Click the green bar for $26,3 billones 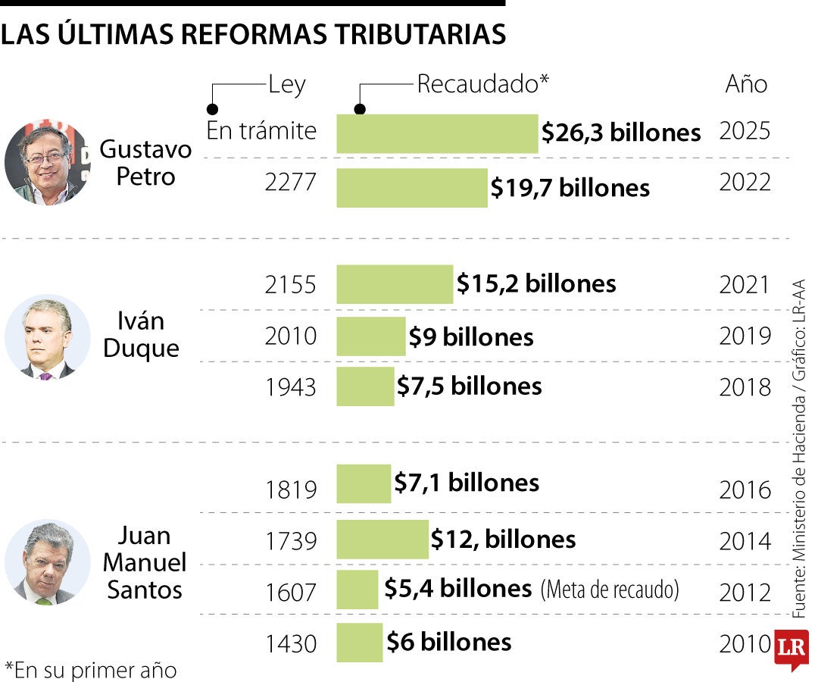point(437,134)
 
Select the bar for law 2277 point(412,187)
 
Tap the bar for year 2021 point(395,284)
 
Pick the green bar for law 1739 point(382,540)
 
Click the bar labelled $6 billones point(360,643)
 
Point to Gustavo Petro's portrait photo point(47,161)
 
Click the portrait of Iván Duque point(47,336)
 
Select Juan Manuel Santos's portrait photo point(47,562)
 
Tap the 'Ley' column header point(286,84)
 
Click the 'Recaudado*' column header point(482,84)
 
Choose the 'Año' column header point(746,84)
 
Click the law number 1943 point(290,387)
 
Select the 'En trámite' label point(261,131)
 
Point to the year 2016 point(745,490)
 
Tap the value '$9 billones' point(471,336)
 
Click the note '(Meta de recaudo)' point(610,590)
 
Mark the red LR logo point(791,649)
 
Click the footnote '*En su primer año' point(90,670)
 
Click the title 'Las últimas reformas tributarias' point(253,34)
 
